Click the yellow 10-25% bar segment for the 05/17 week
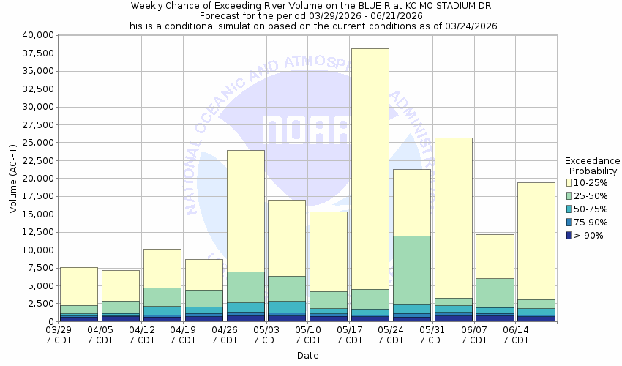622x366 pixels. pos(370,168)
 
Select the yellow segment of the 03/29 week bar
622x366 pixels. pos(79,286)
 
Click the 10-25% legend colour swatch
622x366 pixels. pos(569,182)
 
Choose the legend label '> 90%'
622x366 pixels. pos(588,235)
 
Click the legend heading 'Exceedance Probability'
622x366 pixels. pos(592,165)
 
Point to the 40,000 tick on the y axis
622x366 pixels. pos(34,35)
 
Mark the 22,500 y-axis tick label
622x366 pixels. pos(34,160)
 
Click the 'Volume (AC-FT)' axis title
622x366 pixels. pos(13,178)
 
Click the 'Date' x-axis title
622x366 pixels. pos(307,356)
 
